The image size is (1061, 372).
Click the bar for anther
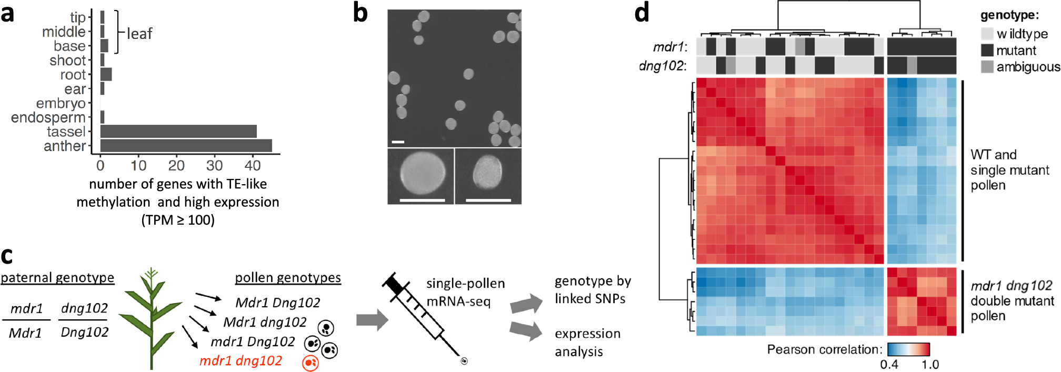point(186,146)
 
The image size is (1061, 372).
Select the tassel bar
point(178,132)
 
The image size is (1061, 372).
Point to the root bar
point(106,74)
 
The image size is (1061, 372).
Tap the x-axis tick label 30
point(214,166)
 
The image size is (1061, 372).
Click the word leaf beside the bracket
point(139,34)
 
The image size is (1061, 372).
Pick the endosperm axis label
point(48,117)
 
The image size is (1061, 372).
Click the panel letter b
point(361,13)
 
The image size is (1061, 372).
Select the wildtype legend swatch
point(987,34)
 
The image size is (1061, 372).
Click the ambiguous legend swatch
point(987,67)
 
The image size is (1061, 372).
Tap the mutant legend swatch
point(987,51)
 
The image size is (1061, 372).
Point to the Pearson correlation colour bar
point(908,349)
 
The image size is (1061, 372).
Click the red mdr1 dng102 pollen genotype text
point(241,361)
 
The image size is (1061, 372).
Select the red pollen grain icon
point(311,363)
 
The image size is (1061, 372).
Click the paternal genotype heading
point(57,278)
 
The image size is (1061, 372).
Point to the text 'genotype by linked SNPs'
point(592,290)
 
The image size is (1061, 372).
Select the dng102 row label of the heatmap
point(662,66)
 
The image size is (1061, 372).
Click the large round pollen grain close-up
point(422,173)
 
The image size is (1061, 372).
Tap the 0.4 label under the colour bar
point(889,365)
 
